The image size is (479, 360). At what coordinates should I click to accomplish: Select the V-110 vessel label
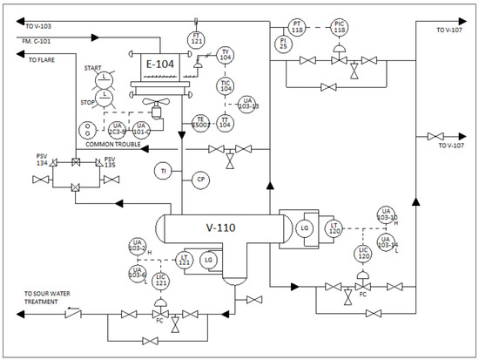click(x=223, y=228)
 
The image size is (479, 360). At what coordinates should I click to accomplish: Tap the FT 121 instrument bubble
click(x=197, y=39)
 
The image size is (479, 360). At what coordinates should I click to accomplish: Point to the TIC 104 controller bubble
click(x=226, y=85)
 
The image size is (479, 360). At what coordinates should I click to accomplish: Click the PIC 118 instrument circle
click(x=340, y=25)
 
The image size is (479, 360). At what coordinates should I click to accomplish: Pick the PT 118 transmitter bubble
click(x=297, y=25)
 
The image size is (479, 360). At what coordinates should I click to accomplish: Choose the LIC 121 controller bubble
click(x=160, y=281)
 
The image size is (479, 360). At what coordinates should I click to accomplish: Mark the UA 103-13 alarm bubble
click(x=250, y=104)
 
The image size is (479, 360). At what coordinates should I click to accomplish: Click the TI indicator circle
click(x=164, y=171)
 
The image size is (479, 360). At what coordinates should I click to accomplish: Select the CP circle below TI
click(x=200, y=180)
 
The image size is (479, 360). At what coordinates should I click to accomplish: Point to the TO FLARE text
click(x=43, y=60)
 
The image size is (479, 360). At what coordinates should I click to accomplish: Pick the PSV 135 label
click(x=109, y=161)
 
